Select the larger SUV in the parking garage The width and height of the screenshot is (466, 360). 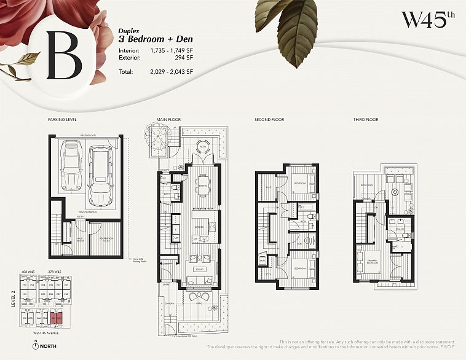(x=101, y=175)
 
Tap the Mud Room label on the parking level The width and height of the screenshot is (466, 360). (x=79, y=238)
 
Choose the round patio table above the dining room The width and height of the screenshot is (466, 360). (x=202, y=146)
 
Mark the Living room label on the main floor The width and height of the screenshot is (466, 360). (x=200, y=268)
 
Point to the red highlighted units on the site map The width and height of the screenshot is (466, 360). (x=57, y=318)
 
